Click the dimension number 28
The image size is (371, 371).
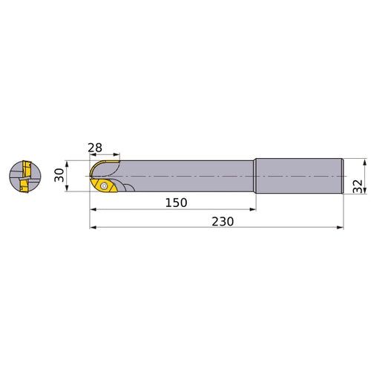pyautogui.click(x=95, y=148)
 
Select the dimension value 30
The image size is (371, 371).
pyautogui.click(x=59, y=175)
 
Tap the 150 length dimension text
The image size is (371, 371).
pyautogui.click(x=176, y=203)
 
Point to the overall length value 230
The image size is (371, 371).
pyautogui.click(x=223, y=222)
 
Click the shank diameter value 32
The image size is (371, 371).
pyautogui.click(x=358, y=186)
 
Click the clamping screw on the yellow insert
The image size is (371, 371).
pyautogui.click(x=104, y=185)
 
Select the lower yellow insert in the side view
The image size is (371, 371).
pyautogui.click(x=104, y=185)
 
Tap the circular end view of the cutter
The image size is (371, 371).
pyautogui.click(x=25, y=177)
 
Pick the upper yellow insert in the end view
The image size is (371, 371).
pyautogui.click(x=26, y=169)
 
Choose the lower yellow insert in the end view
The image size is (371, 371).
pyautogui.click(x=24, y=185)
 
